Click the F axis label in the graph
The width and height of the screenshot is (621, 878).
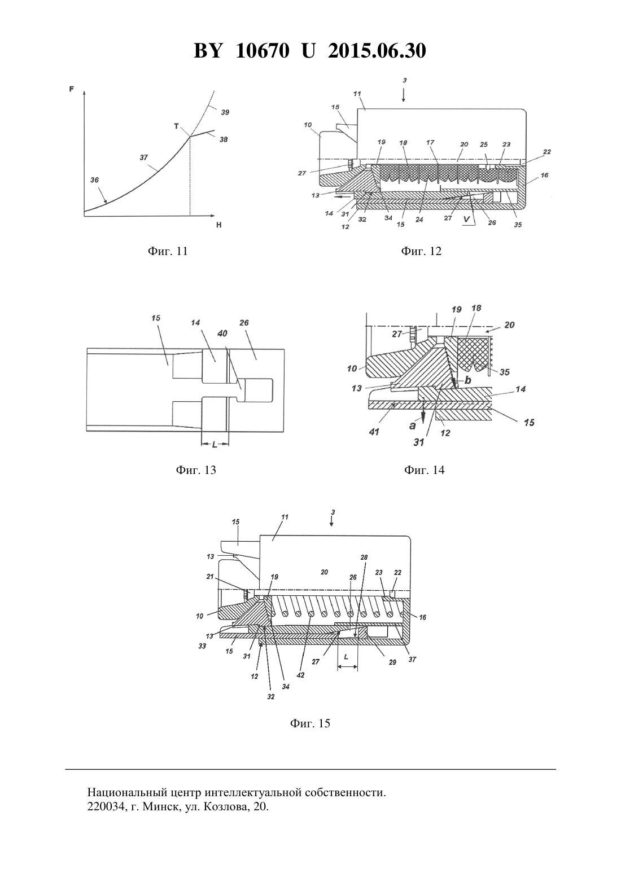coord(71,89)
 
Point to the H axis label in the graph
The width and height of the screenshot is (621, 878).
coord(219,225)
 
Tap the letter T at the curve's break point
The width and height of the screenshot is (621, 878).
coord(176,126)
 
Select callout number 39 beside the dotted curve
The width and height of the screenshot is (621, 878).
coord(225,112)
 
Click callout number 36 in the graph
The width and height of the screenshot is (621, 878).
coord(94,180)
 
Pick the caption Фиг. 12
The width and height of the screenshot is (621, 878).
coord(421,251)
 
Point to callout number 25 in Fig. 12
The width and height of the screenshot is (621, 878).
coord(484,144)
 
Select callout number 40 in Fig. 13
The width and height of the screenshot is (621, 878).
coord(222,333)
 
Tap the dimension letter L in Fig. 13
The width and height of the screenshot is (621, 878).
coord(215,444)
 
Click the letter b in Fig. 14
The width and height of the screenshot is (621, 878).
coord(467,380)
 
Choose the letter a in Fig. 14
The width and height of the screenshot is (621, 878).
coord(413,425)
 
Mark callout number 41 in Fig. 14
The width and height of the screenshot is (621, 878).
coord(374,432)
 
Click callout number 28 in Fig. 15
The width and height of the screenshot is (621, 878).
coord(365,557)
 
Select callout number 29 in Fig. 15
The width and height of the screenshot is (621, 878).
coord(392,662)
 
